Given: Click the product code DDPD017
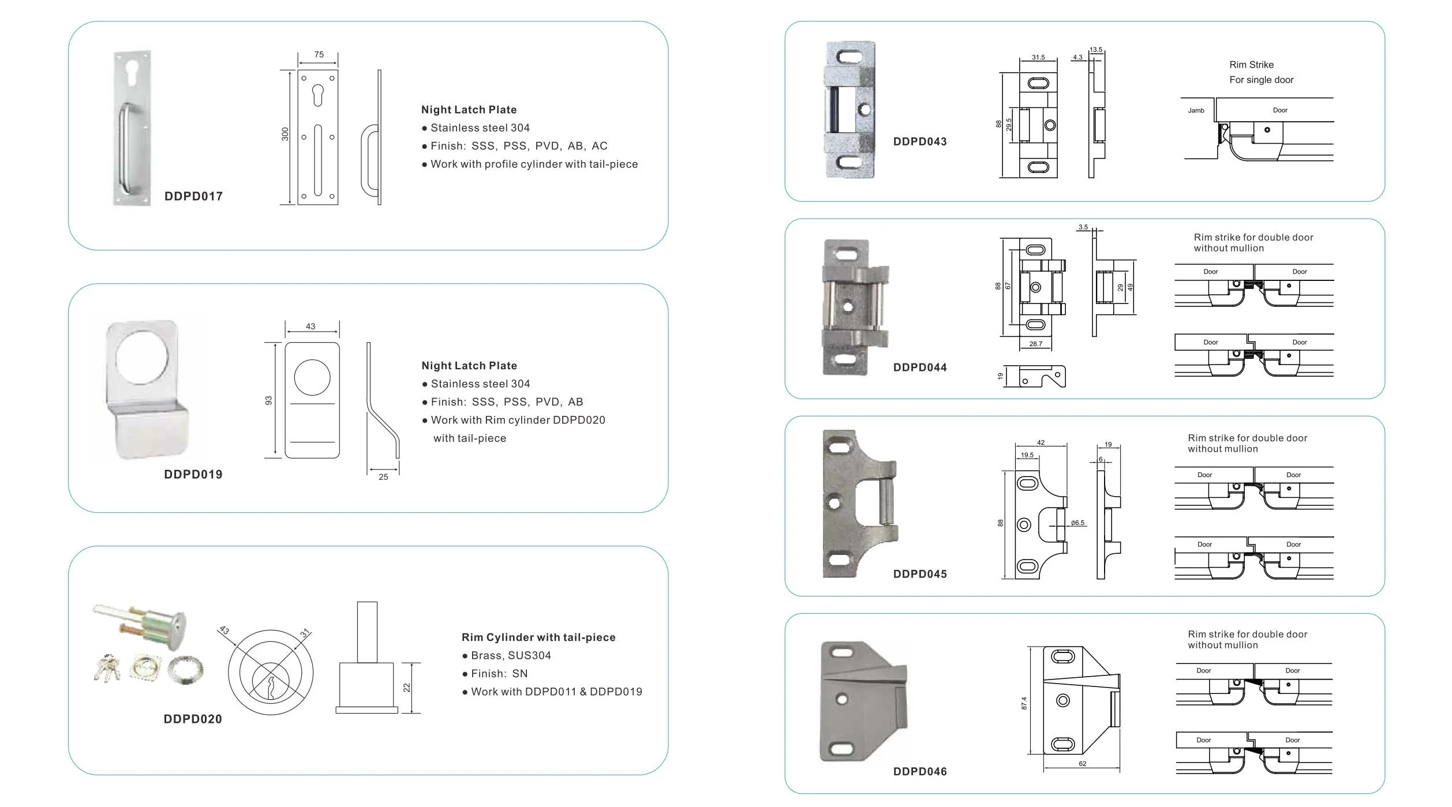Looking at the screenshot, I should point(193,196).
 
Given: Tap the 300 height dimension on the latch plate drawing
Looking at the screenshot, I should point(285,134).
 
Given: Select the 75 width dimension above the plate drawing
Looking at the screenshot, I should point(319,55).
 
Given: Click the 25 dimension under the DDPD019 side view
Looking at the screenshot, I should point(383,477).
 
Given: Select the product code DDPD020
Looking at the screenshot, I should point(193,719).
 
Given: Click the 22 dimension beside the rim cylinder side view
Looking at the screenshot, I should point(407,688).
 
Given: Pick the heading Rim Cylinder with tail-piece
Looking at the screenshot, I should point(538,637).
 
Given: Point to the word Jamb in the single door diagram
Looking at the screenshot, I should point(1196,110).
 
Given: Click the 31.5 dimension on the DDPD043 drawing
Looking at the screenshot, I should point(1038,58).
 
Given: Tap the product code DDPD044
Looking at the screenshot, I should point(920,367).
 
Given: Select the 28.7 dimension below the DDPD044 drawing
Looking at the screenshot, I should point(1036,344).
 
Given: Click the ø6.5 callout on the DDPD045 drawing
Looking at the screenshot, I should point(1077,523).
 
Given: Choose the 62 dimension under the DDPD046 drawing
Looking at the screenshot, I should point(1083,764).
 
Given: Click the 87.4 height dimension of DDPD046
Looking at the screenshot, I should point(1024,703).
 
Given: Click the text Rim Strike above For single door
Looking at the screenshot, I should point(1251,65).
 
